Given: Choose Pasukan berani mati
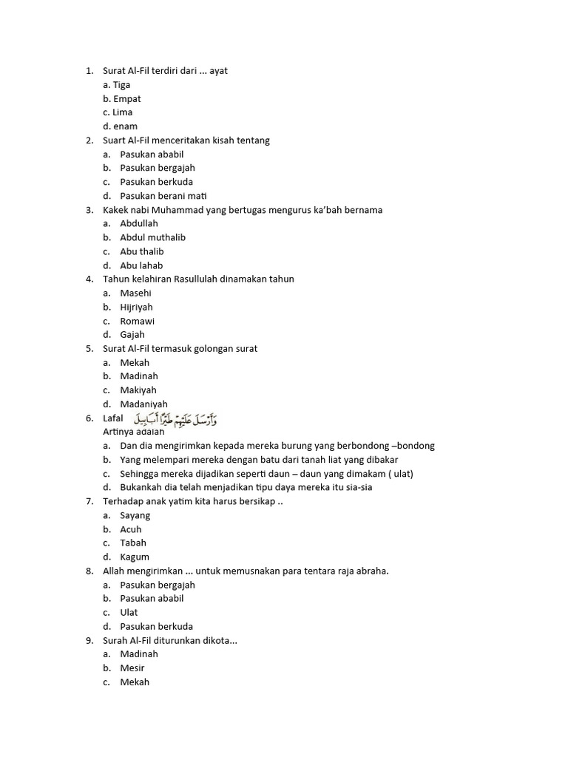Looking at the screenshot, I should tap(163, 196).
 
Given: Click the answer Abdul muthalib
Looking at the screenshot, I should tap(152, 237).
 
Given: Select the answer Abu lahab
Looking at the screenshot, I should tap(141, 265).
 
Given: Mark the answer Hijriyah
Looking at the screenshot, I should tap(137, 307).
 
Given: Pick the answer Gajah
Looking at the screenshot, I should tap(132, 335).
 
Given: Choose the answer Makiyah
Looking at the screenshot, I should tap(138, 390).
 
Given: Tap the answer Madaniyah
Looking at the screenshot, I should tap(143, 404).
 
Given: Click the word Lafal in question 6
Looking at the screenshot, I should tap(113, 419).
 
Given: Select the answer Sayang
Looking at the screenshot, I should tap(135, 515).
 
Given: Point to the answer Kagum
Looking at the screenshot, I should tap(135, 557).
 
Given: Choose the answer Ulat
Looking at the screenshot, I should tap(129, 612).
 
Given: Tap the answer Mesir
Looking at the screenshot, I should tap(132, 668).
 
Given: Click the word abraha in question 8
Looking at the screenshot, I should tap(371, 571).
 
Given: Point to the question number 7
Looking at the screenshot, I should tap(89, 501).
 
